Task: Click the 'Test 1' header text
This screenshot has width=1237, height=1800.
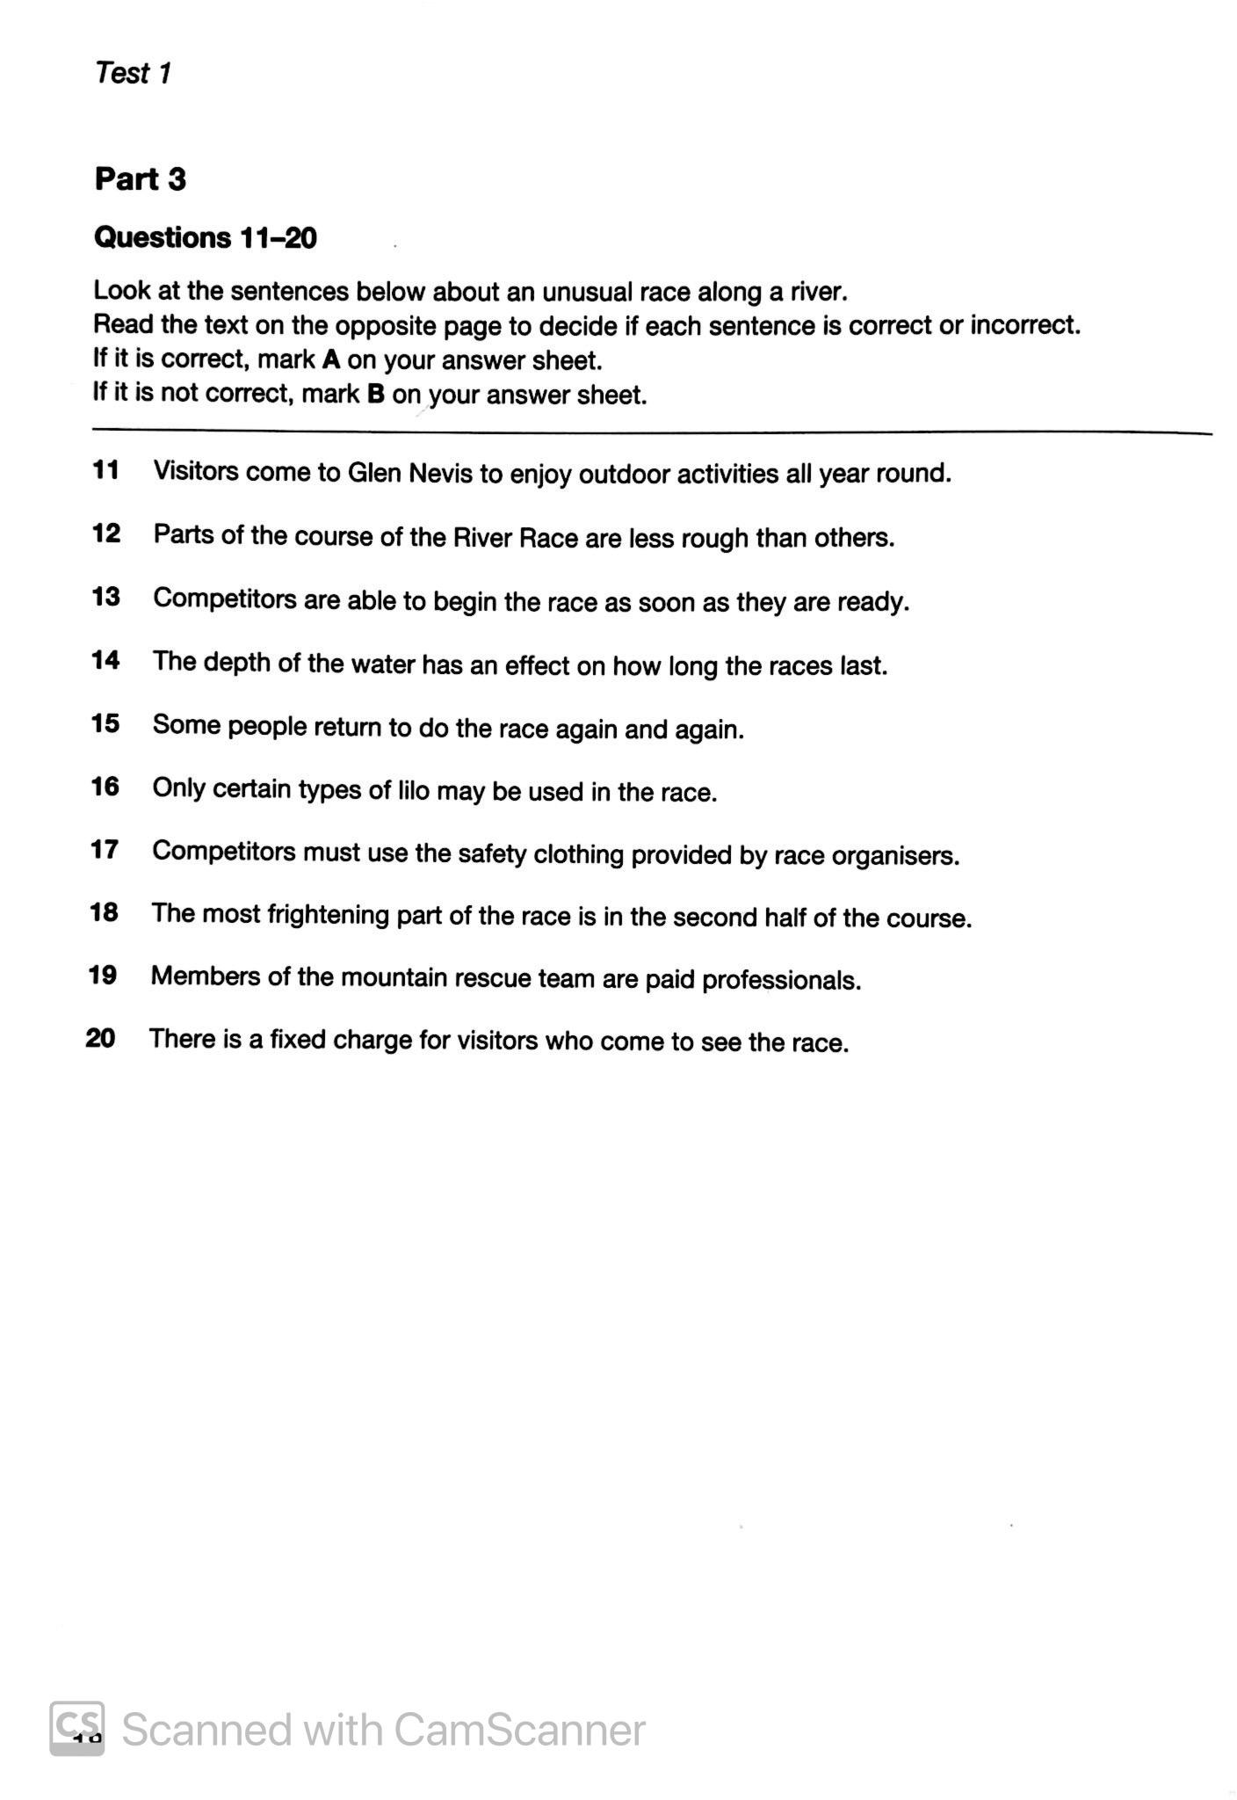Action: [133, 73]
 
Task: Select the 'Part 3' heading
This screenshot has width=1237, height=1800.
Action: [141, 179]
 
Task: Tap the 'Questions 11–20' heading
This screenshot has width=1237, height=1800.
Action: [205, 238]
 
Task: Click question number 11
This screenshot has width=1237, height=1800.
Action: [105, 471]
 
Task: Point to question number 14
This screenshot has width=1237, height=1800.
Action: [105, 660]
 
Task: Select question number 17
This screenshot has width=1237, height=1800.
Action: [104, 850]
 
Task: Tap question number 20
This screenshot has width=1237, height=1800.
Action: [101, 1039]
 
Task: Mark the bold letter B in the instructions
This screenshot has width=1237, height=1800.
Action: [376, 395]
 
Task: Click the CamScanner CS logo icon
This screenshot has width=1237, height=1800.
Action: [77, 1729]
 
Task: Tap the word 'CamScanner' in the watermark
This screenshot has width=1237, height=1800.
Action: [519, 1731]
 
